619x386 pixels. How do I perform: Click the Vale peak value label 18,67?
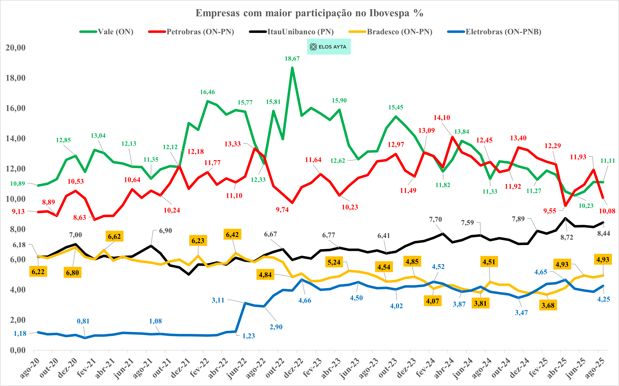(x=292, y=59)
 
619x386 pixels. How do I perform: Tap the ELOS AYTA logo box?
(x=329, y=47)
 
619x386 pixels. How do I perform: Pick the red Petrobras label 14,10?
(x=442, y=118)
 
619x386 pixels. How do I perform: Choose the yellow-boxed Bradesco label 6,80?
(x=73, y=273)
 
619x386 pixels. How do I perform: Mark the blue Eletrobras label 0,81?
(x=83, y=321)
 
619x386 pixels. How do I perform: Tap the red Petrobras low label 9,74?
(x=282, y=210)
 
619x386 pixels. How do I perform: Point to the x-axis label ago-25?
(x=595, y=368)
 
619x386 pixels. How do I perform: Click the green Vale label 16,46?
(x=207, y=92)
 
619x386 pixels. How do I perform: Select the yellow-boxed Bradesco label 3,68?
(x=548, y=305)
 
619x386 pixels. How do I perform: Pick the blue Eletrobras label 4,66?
(x=305, y=300)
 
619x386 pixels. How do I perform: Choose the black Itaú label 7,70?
(x=435, y=220)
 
